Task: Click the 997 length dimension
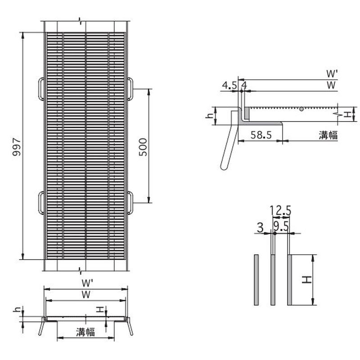tap(16, 147)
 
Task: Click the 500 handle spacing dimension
tap(143, 147)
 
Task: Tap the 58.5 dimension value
tap(261, 135)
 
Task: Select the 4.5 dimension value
tap(229, 85)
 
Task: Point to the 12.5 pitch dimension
tap(280, 210)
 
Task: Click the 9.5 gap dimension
tap(281, 227)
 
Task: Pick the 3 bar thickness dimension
tap(260, 228)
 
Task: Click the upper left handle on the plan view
tap(41, 89)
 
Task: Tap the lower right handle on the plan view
tap(130, 203)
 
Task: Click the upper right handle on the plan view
tap(130, 89)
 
